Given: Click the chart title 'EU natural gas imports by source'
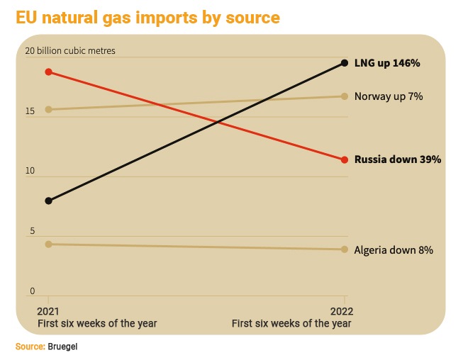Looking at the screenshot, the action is click(147, 18).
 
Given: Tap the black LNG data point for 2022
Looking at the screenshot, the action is click(345, 63).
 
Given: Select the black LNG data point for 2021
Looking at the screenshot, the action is click(49, 201).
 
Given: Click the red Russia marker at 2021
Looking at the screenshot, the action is click(49, 72).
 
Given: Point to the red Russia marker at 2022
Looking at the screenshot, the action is click(345, 160).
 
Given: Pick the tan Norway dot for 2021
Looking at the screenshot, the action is click(49, 110).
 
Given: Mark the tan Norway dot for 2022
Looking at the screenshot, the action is click(345, 96).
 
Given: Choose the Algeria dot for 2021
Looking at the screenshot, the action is click(49, 244).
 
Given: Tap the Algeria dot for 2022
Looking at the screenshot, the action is click(345, 249).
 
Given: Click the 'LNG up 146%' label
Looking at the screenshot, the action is click(387, 63).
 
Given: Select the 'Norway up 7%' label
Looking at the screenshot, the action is click(389, 96).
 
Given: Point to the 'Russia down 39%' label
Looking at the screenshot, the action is click(398, 159).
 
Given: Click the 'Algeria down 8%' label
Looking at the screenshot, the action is click(394, 250).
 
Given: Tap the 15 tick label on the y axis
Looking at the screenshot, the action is click(30, 111).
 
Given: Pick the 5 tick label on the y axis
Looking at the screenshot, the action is click(32, 231).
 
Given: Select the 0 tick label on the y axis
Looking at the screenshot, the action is click(32, 291).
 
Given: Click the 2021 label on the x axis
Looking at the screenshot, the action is click(48, 312).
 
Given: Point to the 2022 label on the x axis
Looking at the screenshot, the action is click(342, 312).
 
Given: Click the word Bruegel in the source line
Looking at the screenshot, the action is click(62, 347).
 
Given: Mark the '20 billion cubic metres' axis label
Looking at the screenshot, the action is click(70, 51).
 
